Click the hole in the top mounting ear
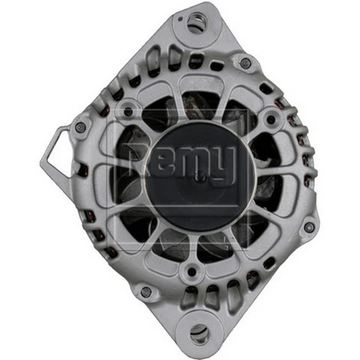point(196,23)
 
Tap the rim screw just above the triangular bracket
point(80,127)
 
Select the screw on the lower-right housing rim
point(308,226)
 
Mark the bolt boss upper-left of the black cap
point(128,111)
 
